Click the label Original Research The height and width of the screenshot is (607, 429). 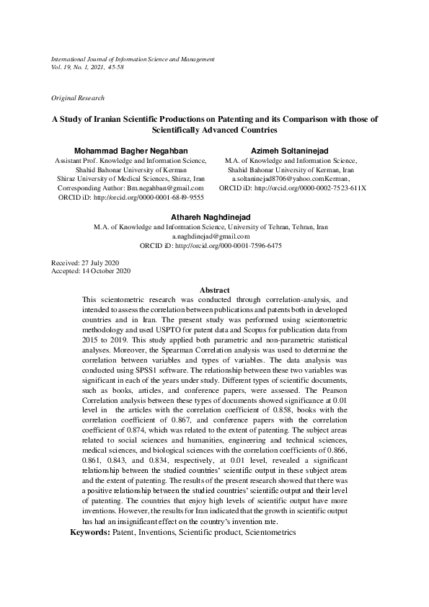coord(78,97)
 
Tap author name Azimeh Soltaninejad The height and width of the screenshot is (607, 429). coord(291,150)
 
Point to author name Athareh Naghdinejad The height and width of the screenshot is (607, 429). coord(211,216)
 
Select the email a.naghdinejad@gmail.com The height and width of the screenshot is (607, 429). coord(211,236)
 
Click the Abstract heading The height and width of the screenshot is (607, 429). coord(214,290)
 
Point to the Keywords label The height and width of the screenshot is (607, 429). coord(89,531)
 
